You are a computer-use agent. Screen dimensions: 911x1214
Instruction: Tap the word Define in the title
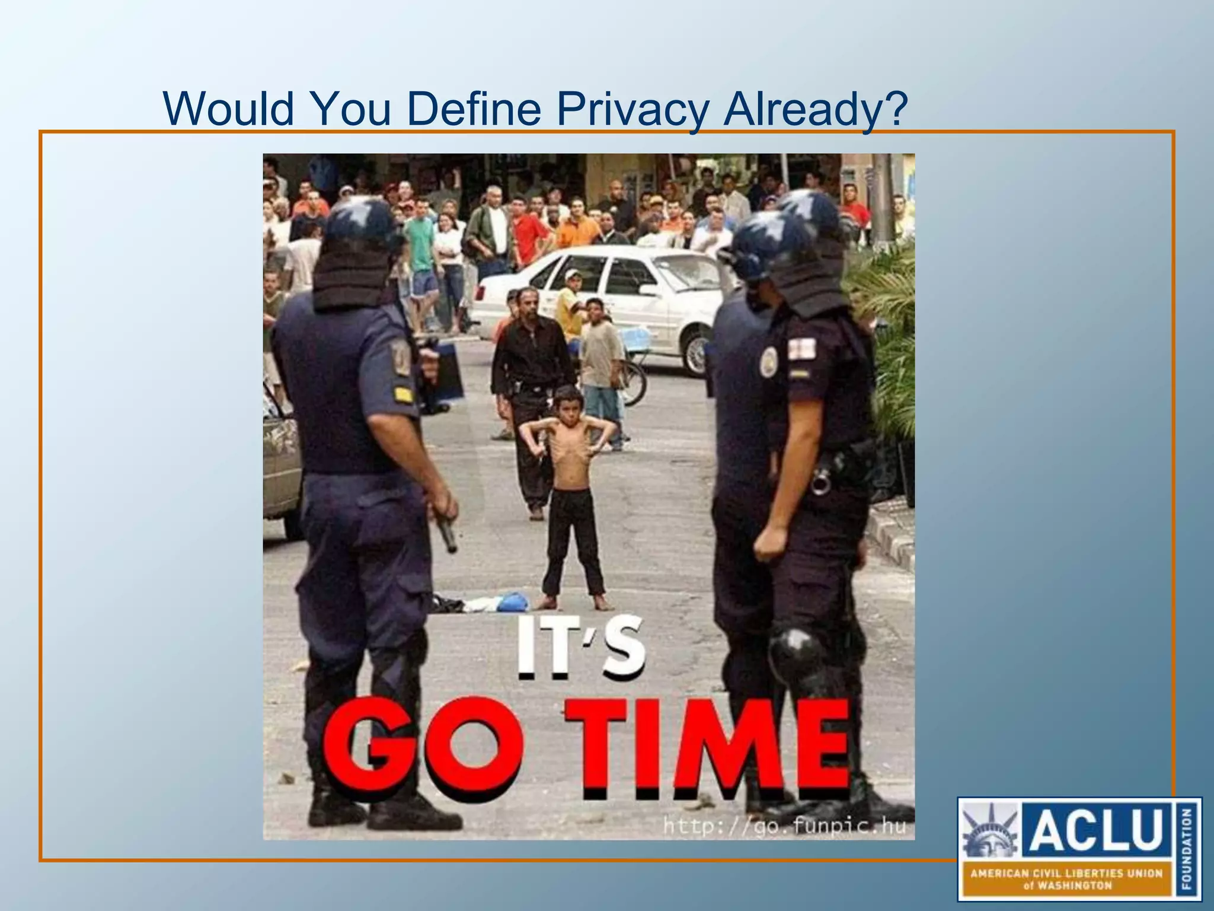click(x=473, y=109)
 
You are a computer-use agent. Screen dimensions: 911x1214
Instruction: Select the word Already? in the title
click(x=816, y=109)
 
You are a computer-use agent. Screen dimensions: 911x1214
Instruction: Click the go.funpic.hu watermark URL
click(x=784, y=826)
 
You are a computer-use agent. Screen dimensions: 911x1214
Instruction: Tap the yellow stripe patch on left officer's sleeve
click(x=404, y=394)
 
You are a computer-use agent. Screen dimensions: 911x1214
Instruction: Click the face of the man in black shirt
click(x=526, y=304)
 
